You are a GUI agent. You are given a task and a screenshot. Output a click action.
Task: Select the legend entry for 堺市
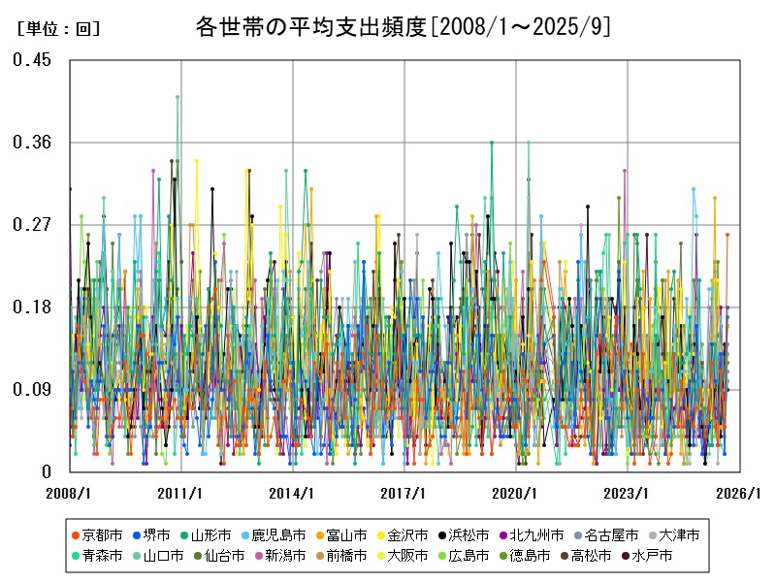pos(156,534)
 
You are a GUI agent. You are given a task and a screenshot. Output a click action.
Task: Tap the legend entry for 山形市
pos(210,534)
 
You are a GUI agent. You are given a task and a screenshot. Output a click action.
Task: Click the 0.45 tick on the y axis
pos(32,60)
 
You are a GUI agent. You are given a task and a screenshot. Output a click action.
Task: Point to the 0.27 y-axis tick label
pos(32,225)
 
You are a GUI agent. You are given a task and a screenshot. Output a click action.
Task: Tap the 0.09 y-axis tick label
pos(32,390)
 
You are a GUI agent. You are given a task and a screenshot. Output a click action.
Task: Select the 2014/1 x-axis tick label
pos(292,494)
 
